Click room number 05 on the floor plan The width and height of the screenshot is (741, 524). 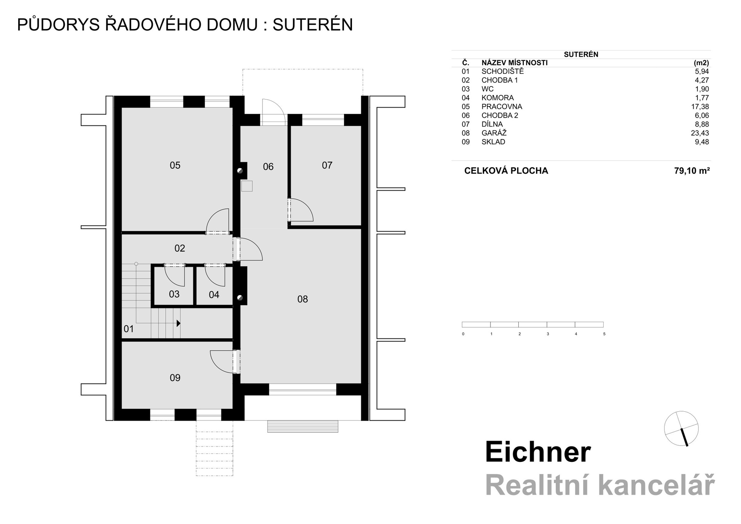click(175, 166)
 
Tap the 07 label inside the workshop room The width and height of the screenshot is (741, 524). click(327, 166)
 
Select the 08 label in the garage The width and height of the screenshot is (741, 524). click(303, 299)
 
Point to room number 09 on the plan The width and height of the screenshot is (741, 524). click(175, 378)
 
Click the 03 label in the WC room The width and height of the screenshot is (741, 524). click(174, 294)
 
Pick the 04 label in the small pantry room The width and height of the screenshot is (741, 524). click(214, 295)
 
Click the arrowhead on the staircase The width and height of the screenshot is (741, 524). click(178, 323)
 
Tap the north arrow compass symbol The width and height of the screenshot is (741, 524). click(681, 428)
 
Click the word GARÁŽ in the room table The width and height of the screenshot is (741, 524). click(494, 133)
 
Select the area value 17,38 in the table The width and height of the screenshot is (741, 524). click(700, 107)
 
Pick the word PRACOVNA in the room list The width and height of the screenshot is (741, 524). click(502, 107)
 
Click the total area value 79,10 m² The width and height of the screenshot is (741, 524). click(692, 171)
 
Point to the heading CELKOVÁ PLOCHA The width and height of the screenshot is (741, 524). click(506, 171)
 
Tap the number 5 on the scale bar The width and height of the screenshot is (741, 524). click(604, 334)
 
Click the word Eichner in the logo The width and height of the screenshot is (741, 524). click(538, 452)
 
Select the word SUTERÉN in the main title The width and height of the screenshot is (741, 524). click(313, 25)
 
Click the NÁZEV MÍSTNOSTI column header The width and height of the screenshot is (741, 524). click(514, 63)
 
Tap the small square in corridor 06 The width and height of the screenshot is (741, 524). click(247, 186)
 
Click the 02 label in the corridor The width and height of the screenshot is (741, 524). click(179, 248)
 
